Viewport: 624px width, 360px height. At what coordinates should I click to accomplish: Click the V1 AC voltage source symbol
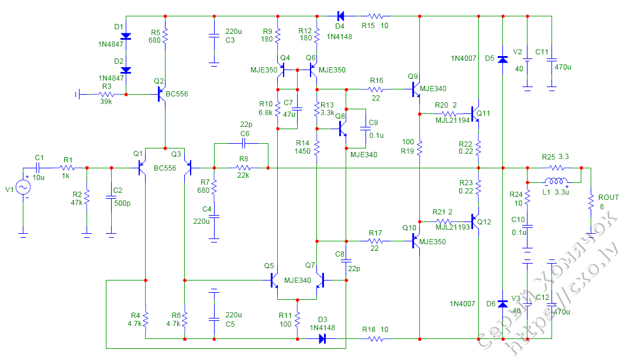coord(23,187)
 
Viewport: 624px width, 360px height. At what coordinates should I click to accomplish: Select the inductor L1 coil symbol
coord(556,181)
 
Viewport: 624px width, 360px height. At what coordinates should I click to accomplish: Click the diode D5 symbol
coord(502,58)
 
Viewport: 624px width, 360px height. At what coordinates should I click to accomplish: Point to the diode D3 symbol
coord(322,338)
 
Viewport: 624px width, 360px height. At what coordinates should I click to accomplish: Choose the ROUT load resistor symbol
coord(591,202)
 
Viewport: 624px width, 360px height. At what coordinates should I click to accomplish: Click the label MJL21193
coord(451,227)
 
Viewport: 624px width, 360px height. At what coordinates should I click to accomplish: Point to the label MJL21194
coord(451,120)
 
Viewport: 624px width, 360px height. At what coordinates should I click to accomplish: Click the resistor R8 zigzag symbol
coord(242,168)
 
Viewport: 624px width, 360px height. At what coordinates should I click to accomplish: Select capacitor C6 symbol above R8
coord(244,143)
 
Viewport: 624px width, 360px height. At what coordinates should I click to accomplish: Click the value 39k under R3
coord(106,102)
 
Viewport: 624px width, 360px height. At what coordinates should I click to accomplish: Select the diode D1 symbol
coord(125,36)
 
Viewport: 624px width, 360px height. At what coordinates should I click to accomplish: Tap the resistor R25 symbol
coord(555,168)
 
